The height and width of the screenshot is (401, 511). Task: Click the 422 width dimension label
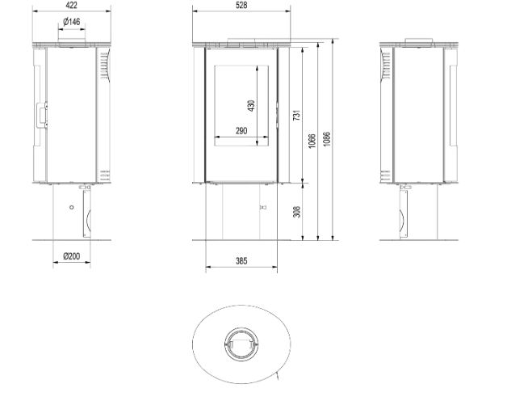click(x=71, y=5)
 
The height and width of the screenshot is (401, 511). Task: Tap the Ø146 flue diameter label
click(x=71, y=22)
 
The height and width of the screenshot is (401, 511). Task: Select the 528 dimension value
click(x=241, y=5)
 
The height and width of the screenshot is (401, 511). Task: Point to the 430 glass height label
click(x=251, y=106)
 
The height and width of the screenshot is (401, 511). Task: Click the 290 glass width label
click(x=241, y=131)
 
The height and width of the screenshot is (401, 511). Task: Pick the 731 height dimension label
click(x=296, y=115)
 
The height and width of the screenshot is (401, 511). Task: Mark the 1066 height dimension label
click(x=312, y=141)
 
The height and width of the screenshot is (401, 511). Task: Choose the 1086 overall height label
click(x=327, y=139)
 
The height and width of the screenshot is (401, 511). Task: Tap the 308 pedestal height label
click(x=296, y=212)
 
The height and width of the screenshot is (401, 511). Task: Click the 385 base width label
click(x=241, y=261)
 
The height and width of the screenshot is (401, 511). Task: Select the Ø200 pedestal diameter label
click(x=71, y=256)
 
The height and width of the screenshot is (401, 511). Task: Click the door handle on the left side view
click(x=42, y=115)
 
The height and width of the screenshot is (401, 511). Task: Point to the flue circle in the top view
click(x=241, y=344)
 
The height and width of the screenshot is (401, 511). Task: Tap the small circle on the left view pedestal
click(x=72, y=207)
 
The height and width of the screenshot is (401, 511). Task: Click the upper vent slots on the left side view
click(x=105, y=65)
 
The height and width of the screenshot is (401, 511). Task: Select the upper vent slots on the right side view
click(x=386, y=65)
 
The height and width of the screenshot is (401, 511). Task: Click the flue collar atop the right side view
click(x=419, y=40)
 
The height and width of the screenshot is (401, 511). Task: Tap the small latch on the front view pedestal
click(x=262, y=207)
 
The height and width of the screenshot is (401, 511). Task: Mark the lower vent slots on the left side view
click(x=105, y=175)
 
